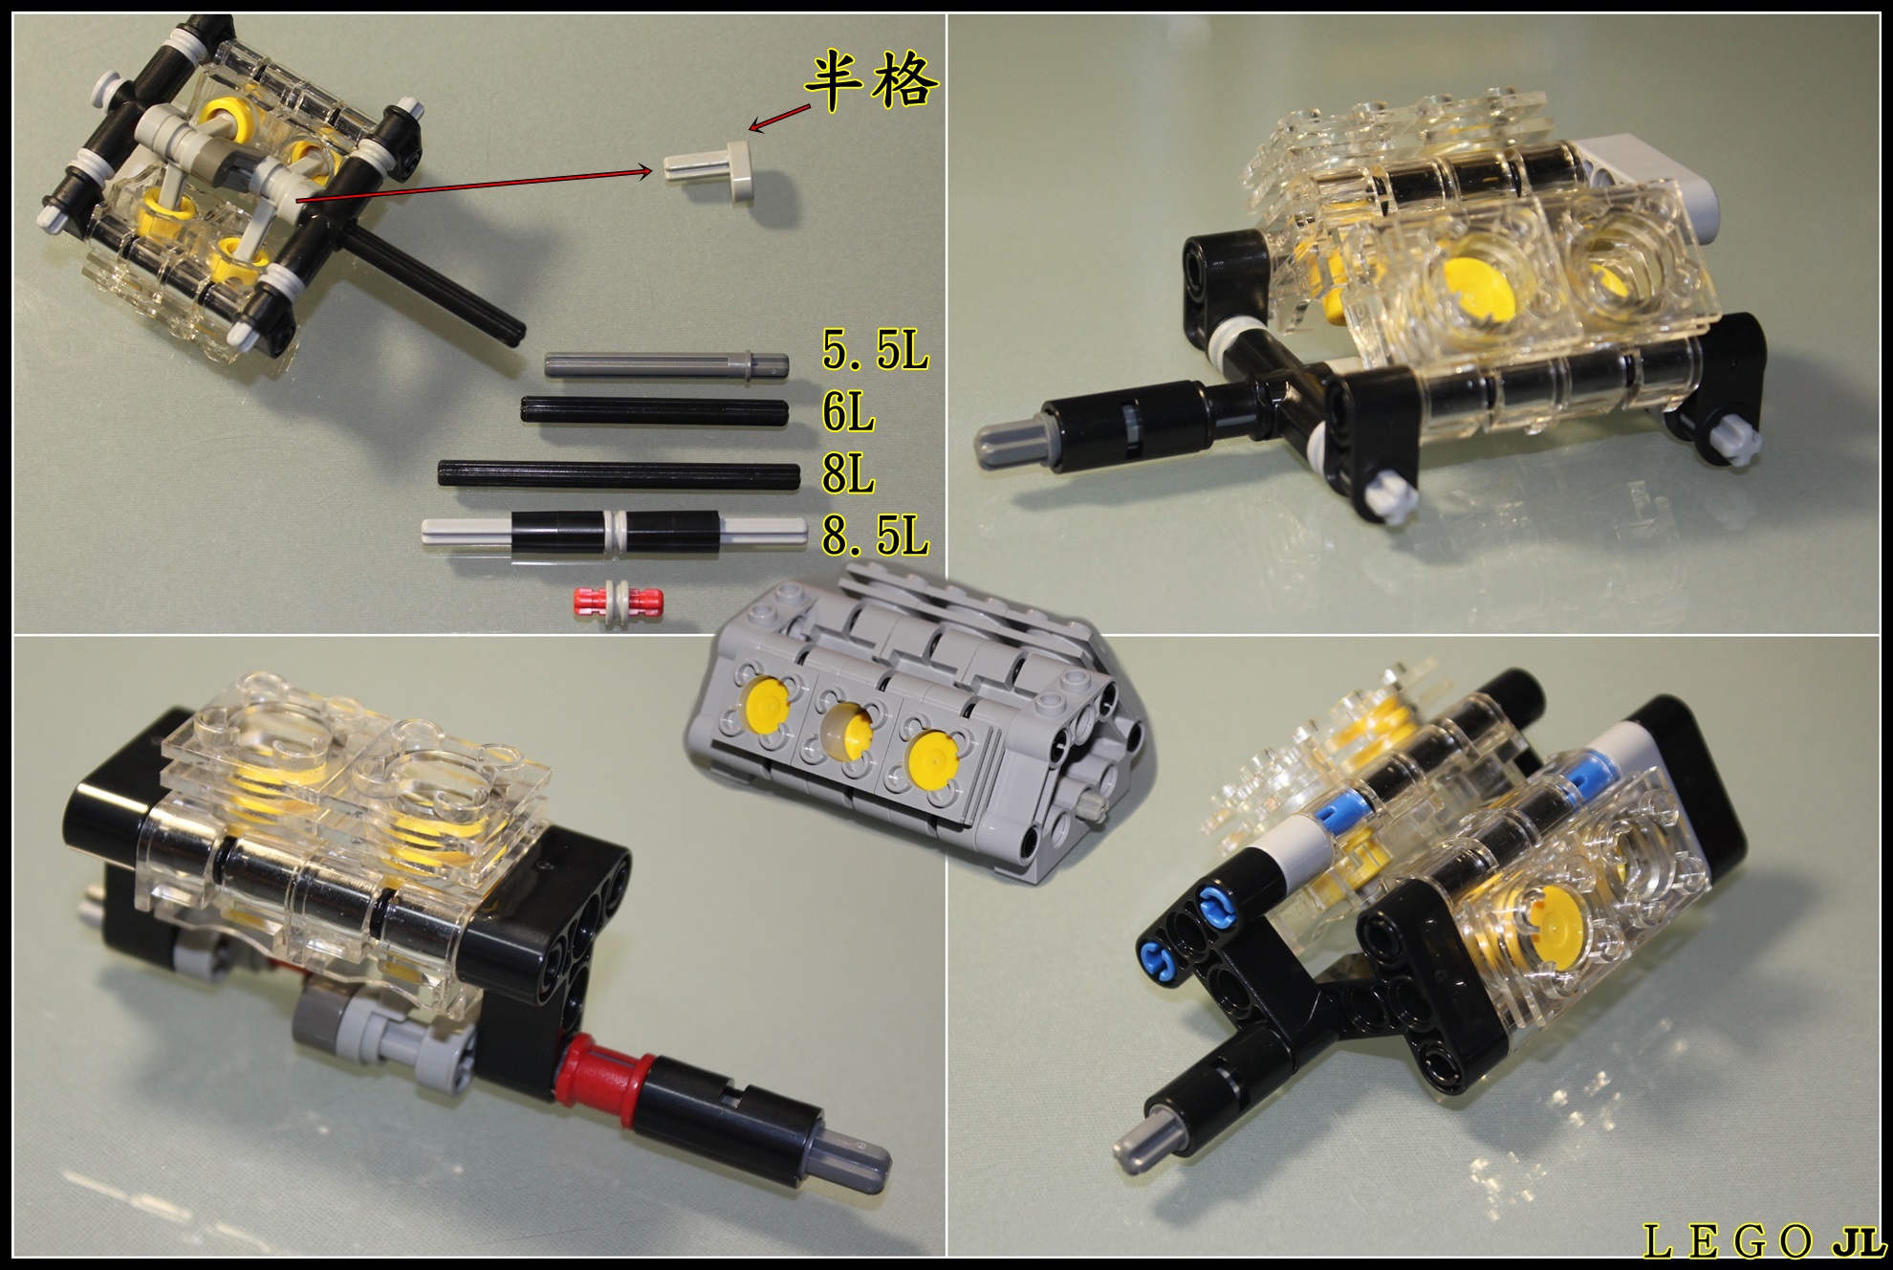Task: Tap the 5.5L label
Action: pyautogui.click(x=875, y=351)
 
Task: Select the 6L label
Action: pyautogui.click(x=848, y=411)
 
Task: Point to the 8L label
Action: pyautogui.click(x=848, y=473)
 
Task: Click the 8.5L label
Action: pyautogui.click(x=875, y=536)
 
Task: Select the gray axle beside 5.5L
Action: pyautogui.click(x=666, y=363)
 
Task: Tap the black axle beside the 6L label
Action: pyautogui.click(x=654, y=411)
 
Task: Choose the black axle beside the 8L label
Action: pyautogui.click(x=619, y=474)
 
